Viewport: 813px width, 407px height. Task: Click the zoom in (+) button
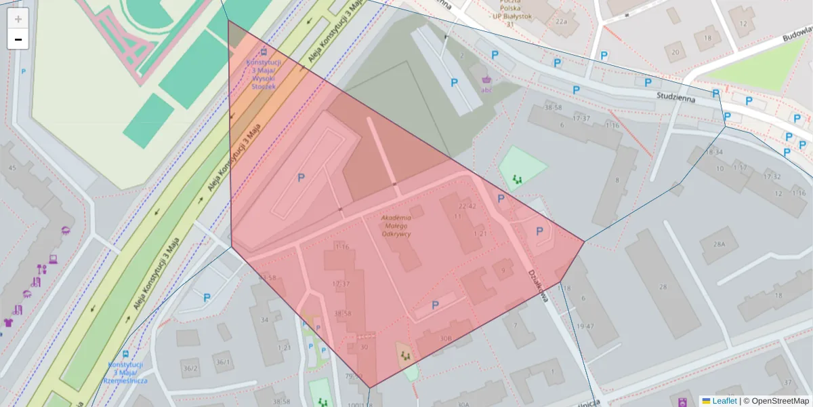18,19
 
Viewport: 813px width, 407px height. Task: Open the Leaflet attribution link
724,401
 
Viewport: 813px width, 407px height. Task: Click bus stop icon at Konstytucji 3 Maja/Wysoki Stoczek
264,51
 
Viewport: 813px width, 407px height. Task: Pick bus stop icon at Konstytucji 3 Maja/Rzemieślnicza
125,354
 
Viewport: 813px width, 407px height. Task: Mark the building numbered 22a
561,22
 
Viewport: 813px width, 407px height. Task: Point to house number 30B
445,337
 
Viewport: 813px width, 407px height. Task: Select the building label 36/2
190,368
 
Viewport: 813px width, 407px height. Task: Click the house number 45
12,168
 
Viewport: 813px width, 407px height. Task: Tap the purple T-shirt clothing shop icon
9,322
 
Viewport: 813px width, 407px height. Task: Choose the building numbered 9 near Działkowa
503,270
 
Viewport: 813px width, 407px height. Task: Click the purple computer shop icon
53,258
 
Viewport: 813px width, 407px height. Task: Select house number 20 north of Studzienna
675,52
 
